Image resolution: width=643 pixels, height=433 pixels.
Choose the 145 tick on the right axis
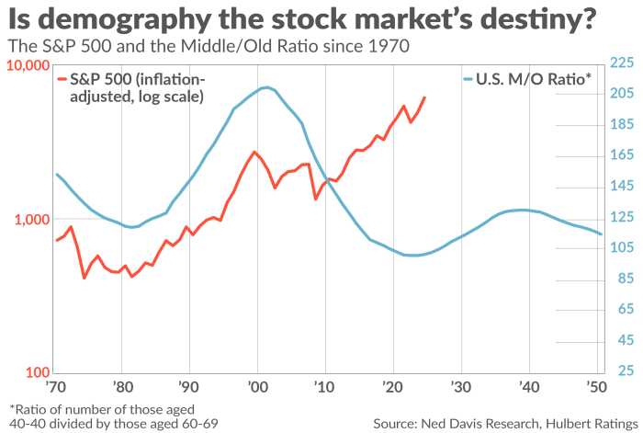point(622,187)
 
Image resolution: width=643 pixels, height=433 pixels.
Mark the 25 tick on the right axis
point(626,371)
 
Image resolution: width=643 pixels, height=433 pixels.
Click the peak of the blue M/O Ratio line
point(265,87)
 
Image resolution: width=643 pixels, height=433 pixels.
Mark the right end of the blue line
point(602,234)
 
